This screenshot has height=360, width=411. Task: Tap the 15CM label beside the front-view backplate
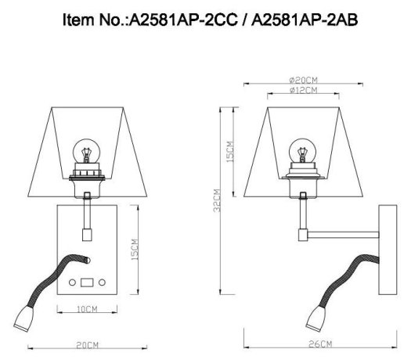tap(134, 250)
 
